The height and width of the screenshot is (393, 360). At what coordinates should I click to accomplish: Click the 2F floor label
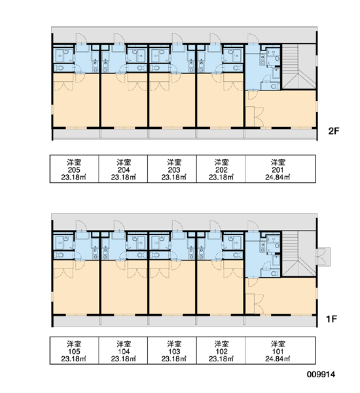[333, 131]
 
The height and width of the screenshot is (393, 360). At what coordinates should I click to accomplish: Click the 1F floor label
[331, 319]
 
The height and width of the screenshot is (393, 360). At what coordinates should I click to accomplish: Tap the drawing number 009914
[321, 375]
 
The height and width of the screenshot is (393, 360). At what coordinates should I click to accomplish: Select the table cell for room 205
[74, 169]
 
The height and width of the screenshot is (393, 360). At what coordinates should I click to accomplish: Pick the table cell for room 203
[172, 169]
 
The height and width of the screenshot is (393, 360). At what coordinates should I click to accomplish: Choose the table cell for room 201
[280, 169]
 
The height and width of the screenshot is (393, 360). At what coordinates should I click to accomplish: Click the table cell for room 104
[123, 350]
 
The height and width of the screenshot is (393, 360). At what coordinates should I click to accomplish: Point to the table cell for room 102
[221, 350]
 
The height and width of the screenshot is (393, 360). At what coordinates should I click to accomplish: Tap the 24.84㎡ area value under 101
[278, 359]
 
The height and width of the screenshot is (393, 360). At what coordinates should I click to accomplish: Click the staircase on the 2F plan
[299, 67]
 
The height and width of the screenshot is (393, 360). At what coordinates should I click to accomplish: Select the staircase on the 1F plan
[299, 254]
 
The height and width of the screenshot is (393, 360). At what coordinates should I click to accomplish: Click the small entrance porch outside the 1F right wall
[323, 256]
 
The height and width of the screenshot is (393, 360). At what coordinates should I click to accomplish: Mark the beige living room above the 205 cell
[76, 100]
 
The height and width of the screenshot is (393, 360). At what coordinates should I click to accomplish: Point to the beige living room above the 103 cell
[172, 287]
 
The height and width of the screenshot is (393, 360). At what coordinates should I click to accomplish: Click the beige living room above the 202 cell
[220, 100]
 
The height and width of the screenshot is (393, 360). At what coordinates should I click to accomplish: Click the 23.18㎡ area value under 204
[123, 178]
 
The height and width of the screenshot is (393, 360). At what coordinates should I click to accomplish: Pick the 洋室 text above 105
[74, 344]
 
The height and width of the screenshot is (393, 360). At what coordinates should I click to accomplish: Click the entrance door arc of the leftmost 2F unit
[81, 39]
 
